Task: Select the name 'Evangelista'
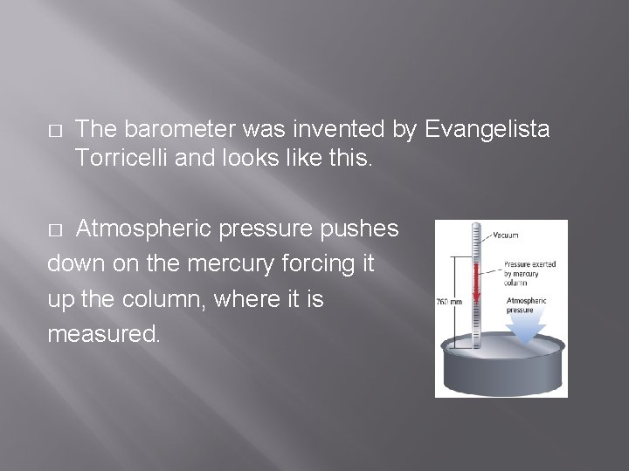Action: tap(487, 130)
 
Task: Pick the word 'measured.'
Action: tap(104, 335)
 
